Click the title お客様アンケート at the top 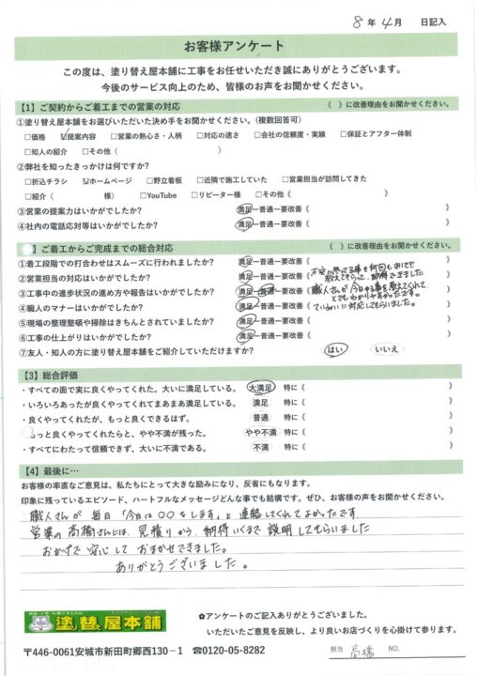239,46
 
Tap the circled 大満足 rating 260,388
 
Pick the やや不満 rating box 260,434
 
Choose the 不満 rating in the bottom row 260,449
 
